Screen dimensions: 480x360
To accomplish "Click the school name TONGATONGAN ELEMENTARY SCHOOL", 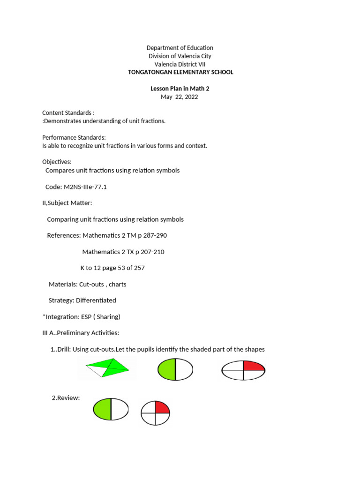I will click(180, 72).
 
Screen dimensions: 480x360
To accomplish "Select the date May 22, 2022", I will click(180, 97).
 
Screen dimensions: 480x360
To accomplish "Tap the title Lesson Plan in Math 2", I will click(180, 89).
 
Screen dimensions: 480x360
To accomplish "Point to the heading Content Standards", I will click(68, 113).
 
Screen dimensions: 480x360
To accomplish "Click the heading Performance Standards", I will click(74, 137).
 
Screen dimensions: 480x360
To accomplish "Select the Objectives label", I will click(57, 162).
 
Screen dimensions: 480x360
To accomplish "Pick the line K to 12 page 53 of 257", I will click(112, 268).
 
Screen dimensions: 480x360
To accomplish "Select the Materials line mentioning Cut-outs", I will click(87, 284).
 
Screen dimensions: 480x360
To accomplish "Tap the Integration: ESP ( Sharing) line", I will click(82, 316).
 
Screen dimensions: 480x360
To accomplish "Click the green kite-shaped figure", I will click(111, 367).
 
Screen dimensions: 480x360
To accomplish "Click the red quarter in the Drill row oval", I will click(254, 366).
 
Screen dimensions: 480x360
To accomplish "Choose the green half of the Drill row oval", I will click(167, 370).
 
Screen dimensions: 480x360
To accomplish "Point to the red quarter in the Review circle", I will click(162, 407).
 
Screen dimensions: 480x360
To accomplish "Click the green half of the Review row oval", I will click(102, 408).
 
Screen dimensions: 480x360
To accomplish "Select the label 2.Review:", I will click(66, 398).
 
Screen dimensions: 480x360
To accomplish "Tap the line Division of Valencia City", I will click(180, 56).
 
